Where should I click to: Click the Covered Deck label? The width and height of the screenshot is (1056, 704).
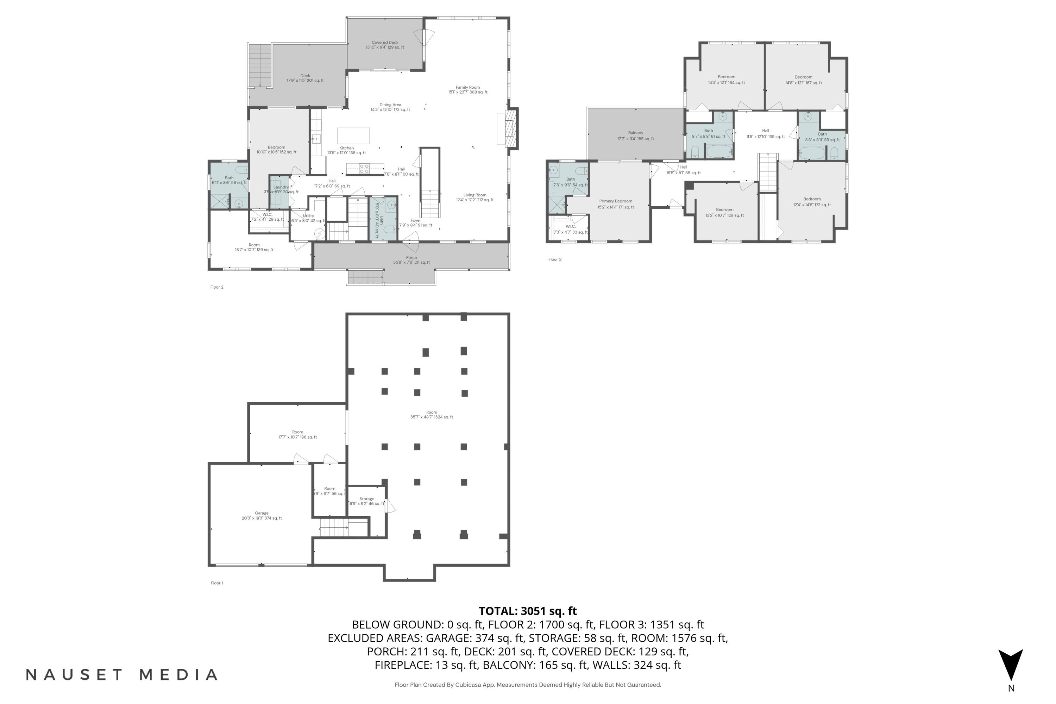(385, 44)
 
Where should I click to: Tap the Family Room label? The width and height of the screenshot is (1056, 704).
(467, 89)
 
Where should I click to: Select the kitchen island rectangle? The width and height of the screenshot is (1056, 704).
(353, 136)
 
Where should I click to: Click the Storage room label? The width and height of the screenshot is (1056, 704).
(366, 501)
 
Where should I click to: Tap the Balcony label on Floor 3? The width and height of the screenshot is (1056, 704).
(635, 136)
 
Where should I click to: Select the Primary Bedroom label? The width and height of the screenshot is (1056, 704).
(616, 204)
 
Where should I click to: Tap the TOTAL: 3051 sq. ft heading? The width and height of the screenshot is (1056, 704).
(528, 611)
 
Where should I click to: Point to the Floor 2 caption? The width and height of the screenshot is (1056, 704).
(216, 287)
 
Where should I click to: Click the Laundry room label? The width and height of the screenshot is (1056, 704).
(281, 189)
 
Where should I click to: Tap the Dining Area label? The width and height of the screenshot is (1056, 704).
(390, 107)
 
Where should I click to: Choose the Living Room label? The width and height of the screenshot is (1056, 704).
(474, 197)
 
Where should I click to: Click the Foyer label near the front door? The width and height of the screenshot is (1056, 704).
(416, 223)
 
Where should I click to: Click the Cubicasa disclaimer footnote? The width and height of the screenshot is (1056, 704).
(528, 685)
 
